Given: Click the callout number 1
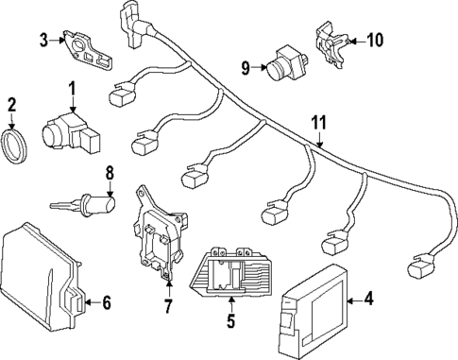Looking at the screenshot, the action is (73, 89).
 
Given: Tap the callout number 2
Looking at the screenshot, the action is (11, 105).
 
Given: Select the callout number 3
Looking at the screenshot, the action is (44, 41).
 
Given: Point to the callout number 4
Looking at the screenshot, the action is (368, 299).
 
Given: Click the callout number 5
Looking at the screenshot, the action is (231, 320).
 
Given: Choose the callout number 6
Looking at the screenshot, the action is (107, 302).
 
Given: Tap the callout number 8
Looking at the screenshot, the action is (110, 173).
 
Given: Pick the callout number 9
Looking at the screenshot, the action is (246, 67).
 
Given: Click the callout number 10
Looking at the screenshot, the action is (374, 40).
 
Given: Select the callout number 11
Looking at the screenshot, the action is (319, 123).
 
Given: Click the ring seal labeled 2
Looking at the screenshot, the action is (14, 146).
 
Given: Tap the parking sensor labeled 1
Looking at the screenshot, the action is (71, 132).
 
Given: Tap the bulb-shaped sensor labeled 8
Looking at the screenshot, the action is (82, 205).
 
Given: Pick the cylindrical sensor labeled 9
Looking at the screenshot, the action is (287, 64).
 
